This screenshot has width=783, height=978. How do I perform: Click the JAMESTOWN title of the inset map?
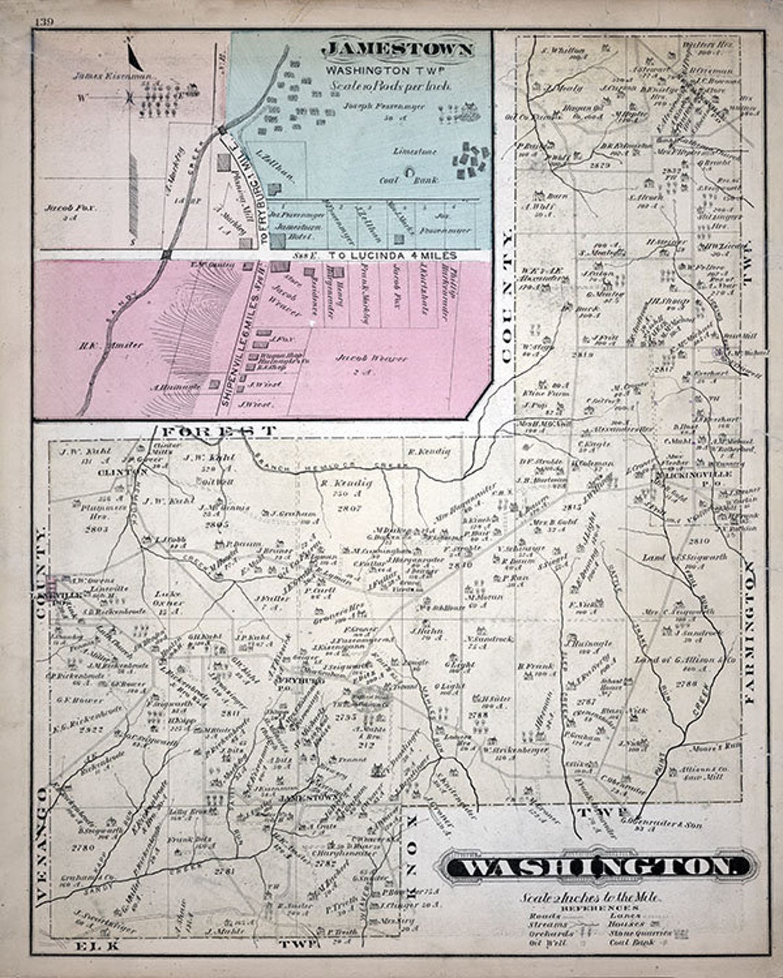[397, 50]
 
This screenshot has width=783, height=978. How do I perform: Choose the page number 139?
[43, 22]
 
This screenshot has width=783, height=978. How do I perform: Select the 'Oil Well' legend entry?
[546, 944]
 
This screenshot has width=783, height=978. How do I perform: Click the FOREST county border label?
[217, 430]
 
